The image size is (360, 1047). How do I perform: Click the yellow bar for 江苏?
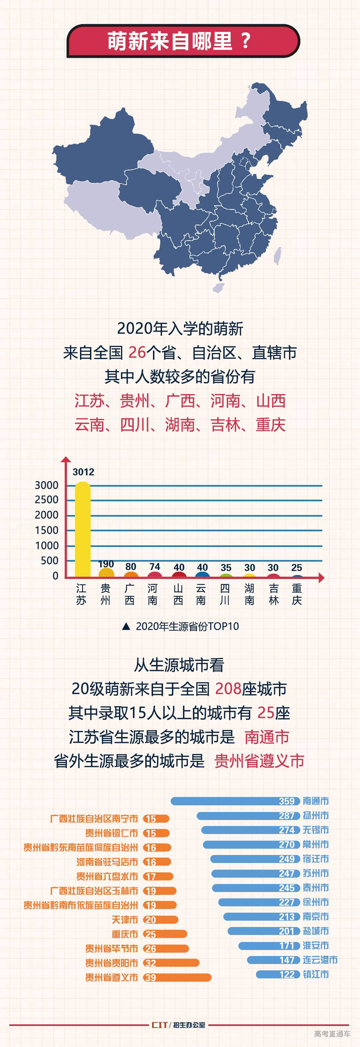point(83,528)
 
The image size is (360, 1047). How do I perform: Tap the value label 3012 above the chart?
point(83,472)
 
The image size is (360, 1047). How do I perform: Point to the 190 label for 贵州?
point(106,564)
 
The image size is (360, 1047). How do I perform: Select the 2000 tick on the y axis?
point(47,515)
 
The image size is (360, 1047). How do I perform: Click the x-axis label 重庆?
point(297,594)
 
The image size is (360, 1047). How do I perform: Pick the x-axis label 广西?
point(130,594)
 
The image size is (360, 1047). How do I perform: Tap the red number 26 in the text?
point(137,352)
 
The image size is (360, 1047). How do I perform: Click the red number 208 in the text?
point(228,689)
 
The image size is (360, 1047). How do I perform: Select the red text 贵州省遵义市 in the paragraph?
point(259,761)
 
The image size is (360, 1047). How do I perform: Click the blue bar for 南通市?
point(236,801)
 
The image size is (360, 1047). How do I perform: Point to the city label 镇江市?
point(316,974)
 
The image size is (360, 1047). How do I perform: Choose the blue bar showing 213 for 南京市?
point(262,917)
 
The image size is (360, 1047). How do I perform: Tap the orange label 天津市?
point(125,920)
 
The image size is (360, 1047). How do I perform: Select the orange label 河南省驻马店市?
point(107,862)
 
